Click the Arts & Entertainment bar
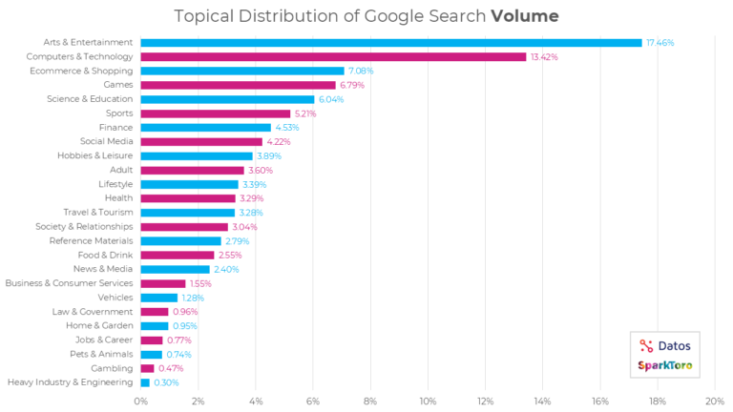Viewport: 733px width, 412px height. coord(391,42)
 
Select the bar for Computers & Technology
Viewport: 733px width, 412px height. coord(333,56)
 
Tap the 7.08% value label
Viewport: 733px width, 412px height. coord(362,71)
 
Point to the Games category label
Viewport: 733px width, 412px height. coord(119,85)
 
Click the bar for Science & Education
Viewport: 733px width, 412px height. coord(227,99)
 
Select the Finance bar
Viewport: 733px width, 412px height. coord(205,128)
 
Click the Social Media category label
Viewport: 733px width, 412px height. coord(107,141)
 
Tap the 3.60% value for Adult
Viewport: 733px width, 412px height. coord(262,170)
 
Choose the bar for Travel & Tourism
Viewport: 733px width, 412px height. coord(187,213)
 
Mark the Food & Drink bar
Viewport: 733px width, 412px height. coord(177,255)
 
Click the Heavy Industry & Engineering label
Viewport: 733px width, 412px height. coord(70,382)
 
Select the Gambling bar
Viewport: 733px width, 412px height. coord(147,368)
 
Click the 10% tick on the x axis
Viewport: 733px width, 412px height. coord(428,402)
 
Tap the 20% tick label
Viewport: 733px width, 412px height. coord(714,402)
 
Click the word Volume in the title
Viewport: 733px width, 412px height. coord(525,16)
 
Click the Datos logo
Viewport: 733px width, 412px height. coord(667,346)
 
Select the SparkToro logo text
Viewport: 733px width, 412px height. coord(666,366)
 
